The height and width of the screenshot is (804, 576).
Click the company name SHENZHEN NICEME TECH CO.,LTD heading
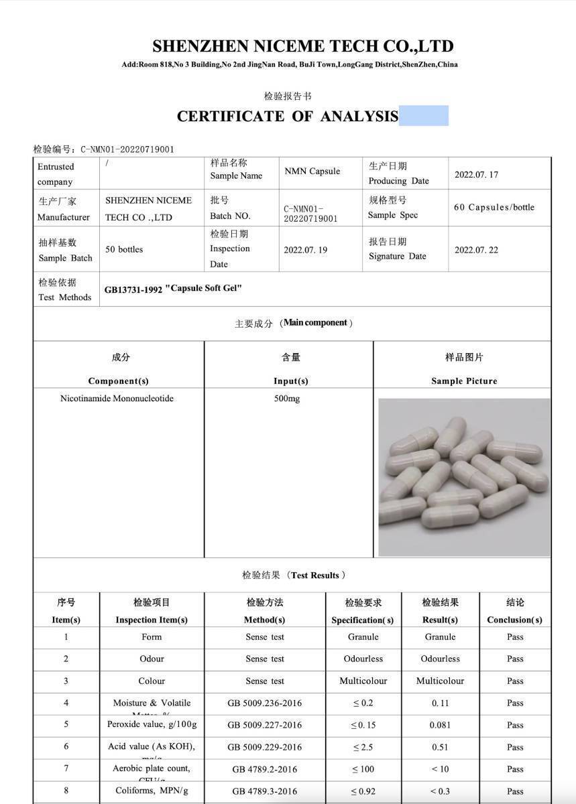pyautogui.click(x=302, y=46)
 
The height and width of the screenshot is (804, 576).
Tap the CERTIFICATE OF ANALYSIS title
pyautogui.click(x=288, y=116)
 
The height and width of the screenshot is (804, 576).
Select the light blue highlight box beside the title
pyautogui.click(x=424, y=115)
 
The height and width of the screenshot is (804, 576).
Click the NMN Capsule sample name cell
pyautogui.click(x=312, y=172)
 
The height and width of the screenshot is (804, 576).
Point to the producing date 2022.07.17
pyautogui.click(x=476, y=175)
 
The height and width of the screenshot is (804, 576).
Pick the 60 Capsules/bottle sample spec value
pyautogui.click(x=494, y=207)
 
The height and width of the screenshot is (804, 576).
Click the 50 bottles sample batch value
pyautogui.click(x=124, y=249)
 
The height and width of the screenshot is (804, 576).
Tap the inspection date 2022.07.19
pyautogui.click(x=306, y=250)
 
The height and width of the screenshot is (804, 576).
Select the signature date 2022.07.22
pyautogui.click(x=476, y=250)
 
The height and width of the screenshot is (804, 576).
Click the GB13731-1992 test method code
pyautogui.click(x=133, y=290)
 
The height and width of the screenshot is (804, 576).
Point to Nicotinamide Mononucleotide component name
pyautogui.click(x=117, y=399)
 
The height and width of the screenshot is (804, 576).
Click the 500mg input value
pyautogui.click(x=287, y=399)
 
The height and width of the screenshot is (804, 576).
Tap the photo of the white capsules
pyautogui.click(x=463, y=477)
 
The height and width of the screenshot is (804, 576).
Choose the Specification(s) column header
pyautogui.click(x=363, y=620)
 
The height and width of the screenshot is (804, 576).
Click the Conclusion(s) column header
pyautogui.click(x=514, y=620)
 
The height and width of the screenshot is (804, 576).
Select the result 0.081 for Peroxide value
pyautogui.click(x=441, y=725)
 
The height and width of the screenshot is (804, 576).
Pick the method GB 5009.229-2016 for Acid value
pyautogui.click(x=264, y=747)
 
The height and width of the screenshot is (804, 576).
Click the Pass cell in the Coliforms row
pyautogui.click(x=515, y=791)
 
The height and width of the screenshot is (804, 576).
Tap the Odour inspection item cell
pyautogui.click(x=152, y=659)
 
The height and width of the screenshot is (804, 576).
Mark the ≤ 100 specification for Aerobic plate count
pyautogui.click(x=363, y=769)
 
